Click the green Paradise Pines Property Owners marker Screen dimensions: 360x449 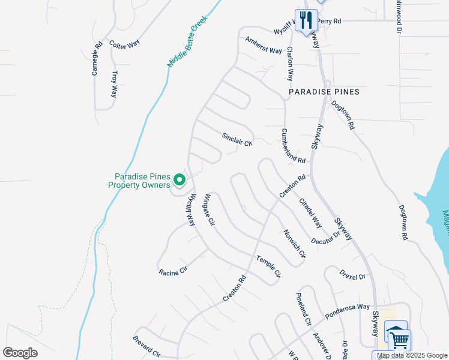coord(179,179)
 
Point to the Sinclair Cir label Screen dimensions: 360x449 coord(238,139)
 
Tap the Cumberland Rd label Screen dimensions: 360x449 coord(294,146)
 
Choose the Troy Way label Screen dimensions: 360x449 coord(114,85)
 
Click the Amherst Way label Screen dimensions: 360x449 coord(263,45)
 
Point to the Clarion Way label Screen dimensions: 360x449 coord(290,64)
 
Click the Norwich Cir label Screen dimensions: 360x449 coord(295,244)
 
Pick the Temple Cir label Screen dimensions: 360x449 coord(268,266)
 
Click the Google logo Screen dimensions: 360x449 coord(20,353)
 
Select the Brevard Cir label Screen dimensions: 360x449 coord(146,346)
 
